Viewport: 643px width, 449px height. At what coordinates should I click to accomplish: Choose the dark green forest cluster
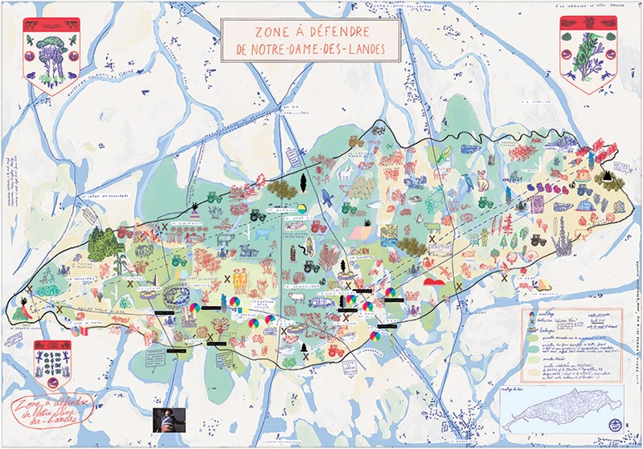(x=103, y=242)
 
